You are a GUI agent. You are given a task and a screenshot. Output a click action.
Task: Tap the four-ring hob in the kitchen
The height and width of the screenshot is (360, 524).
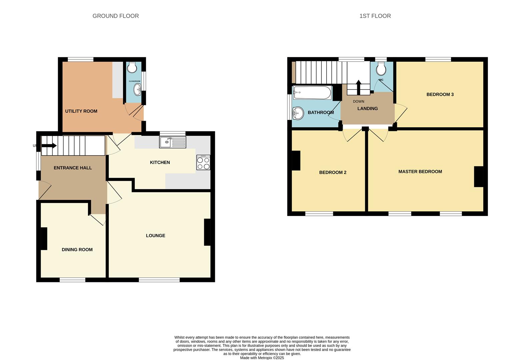pyautogui.click(x=203, y=163)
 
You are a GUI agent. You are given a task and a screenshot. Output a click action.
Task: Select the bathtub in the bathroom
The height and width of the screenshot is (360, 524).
pyautogui.click(x=312, y=93)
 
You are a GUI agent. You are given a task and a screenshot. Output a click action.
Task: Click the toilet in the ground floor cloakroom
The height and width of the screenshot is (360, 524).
pyautogui.click(x=132, y=67)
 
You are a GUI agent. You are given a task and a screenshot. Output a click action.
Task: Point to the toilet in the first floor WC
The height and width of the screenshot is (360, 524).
pyautogui.click(x=381, y=70)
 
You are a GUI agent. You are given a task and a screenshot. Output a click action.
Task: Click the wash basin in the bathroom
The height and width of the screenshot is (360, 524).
pyautogui.click(x=298, y=113)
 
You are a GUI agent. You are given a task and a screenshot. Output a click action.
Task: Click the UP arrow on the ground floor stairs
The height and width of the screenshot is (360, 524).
pyautogui.click(x=49, y=146)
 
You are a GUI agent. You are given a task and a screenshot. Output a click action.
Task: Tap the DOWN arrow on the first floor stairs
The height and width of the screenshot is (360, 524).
pyautogui.click(x=359, y=87)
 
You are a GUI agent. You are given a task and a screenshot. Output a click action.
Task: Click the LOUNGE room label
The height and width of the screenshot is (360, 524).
pyautogui.click(x=155, y=236)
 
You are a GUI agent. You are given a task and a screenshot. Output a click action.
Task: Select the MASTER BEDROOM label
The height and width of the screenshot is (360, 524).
pyautogui.click(x=420, y=172)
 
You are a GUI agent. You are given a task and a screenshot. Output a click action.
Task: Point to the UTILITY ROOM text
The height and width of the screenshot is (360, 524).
pyautogui.click(x=81, y=111)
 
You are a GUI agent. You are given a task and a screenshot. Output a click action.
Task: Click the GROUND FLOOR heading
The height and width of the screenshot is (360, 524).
pyautogui.click(x=115, y=16)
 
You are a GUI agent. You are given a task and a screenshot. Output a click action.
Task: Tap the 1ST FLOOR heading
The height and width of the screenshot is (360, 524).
pyautogui.click(x=375, y=16)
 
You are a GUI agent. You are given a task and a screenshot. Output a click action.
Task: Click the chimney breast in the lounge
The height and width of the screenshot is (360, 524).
pyautogui.click(x=207, y=232)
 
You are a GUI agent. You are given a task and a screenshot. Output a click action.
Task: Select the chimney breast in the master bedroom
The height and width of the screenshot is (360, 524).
pyautogui.click(x=479, y=176)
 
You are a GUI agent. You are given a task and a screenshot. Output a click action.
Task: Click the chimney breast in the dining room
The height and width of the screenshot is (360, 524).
pyautogui.click(x=44, y=238)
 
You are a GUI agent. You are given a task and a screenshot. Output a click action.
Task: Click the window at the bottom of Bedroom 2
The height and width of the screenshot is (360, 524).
pyautogui.click(x=319, y=214)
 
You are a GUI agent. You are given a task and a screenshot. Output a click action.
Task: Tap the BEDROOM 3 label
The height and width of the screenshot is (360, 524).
pyautogui.click(x=440, y=95)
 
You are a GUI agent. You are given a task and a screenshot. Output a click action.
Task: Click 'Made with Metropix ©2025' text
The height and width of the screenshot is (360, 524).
pyautogui.click(x=262, y=358)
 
